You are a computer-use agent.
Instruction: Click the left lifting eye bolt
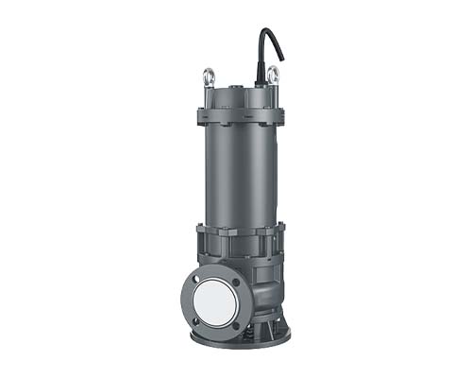pyautogui.click(x=209, y=76)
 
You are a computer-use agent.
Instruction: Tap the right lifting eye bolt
pyautogui.click(x=272, y=75)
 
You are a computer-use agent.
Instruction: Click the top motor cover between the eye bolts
pyautogui.click(x=240, y=95)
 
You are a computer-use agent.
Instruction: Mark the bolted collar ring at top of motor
pyautogui.click(x=240, y=118)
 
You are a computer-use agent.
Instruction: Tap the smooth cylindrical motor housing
pyautogui.click(x=240, y=175)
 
